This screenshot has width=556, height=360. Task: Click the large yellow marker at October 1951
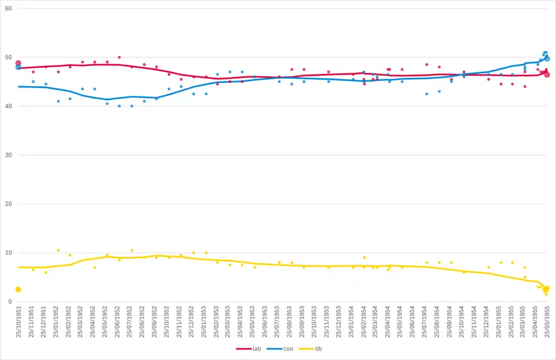click(x=18, y=289)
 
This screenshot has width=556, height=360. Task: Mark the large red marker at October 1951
click(x=18, y=63)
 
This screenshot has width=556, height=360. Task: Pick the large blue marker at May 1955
click(x=547, y=58)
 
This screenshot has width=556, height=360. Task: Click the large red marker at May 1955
click(x=547, y=75)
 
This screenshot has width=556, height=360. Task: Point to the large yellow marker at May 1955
click(x=546, y=289)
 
